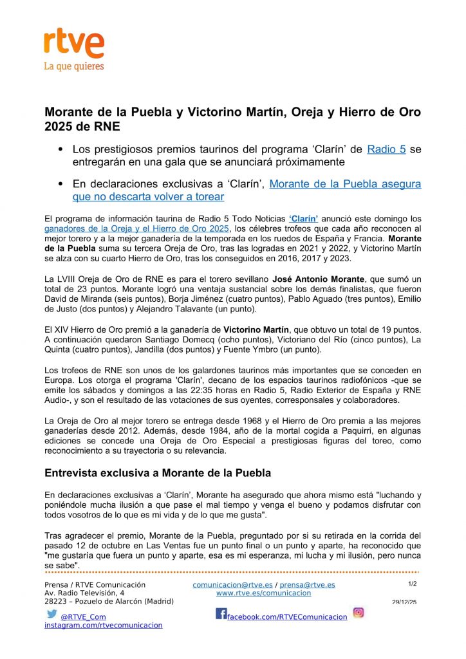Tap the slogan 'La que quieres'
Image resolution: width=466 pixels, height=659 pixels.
(x=73, y=66)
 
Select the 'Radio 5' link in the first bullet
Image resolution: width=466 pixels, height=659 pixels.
(x=386, y=149)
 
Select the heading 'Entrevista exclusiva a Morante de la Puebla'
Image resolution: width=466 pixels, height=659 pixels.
(x=158, y=473)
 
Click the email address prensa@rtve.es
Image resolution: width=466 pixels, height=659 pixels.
(x=307, y=584)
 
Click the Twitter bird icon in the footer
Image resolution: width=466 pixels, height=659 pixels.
(x=52, y=614)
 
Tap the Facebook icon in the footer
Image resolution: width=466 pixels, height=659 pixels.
(x=221, y=614)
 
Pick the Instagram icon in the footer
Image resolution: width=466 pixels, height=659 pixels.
(x=359, y=613)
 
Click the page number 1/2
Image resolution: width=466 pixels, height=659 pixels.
(x=413, y=584)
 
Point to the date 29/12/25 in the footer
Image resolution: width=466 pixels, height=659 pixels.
(x=404, y=602)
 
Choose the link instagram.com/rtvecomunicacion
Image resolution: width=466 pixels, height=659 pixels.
(x=103, y=625)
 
